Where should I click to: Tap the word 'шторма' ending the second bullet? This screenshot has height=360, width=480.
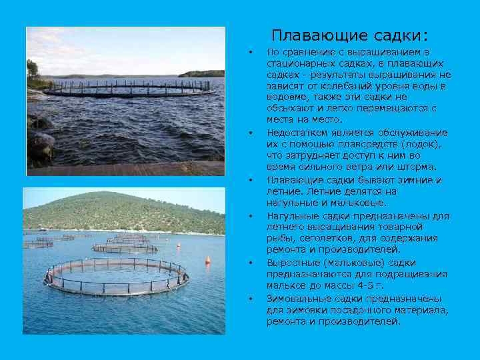point(416,167)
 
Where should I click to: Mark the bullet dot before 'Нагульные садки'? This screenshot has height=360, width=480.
point(251,215)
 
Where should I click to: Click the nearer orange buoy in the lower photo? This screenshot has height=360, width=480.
point(207,259)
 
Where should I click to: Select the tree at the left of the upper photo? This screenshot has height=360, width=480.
point(31,69)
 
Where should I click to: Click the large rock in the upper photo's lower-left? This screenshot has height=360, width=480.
point(41,143)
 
